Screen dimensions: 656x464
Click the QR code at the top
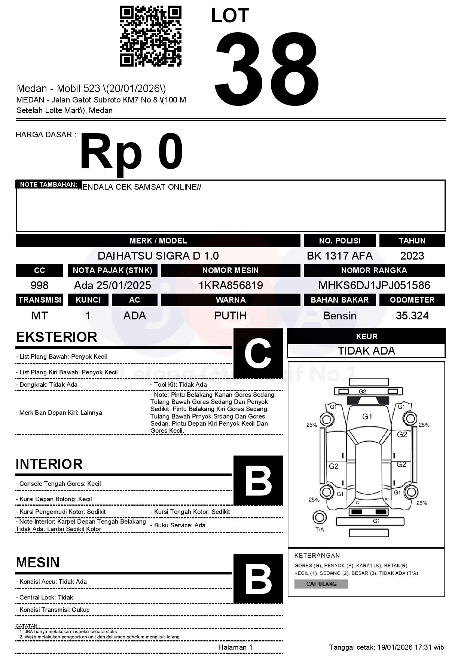pyautogui.click(x=150, y=36)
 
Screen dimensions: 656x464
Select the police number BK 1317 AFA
pyautogui.click(x=339, y=256)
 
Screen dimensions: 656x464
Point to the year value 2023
pyautogui.click(x=412, y=256)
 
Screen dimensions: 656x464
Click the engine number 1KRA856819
pyautogui.click(x=231, y=285)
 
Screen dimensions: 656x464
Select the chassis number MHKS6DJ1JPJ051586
pyautogui.click(x=374, y=285)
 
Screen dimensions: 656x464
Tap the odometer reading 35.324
pyautogui.click(x=412, y=316)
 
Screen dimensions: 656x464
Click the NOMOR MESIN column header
pyautogui.click(x=231, y=270)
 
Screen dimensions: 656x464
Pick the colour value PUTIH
pyautogui.click(x=231, y=316)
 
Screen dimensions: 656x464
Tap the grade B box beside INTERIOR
pyautogui.click(x=258, y=480)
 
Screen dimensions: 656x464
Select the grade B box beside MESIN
pyautogui.click(x=258, y=578)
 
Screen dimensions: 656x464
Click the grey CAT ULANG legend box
pyautogui.click(x=321, y=584)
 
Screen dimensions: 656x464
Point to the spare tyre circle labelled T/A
pyautogui.click(x=319, y=518)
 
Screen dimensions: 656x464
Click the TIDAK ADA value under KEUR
pyautogui.click(x=366, y=351)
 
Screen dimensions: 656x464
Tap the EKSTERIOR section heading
pyautogui.click(x=57, y=337)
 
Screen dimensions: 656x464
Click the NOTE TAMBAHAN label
pyautogui.click(x=48, y=184)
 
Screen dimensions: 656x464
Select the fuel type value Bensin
pyautogui.click(x=339, y=316)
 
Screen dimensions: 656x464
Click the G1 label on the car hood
pyautogui.click(x=367, y=417)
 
